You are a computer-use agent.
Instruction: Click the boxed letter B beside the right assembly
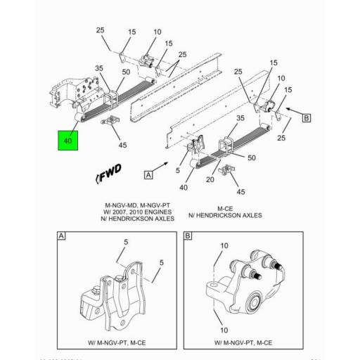coord(306,118)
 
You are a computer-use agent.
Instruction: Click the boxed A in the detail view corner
coord(62,237)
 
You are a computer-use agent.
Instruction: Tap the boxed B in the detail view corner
coord(188,237)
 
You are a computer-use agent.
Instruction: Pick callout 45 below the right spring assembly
coord(241,191)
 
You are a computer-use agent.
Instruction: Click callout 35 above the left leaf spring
coord(99,69)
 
